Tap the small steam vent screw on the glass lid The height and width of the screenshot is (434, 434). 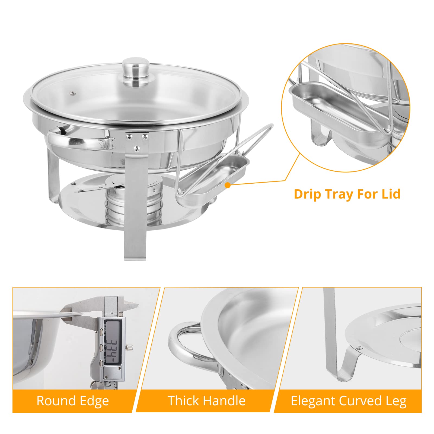72,93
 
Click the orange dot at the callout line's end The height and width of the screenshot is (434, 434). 228,185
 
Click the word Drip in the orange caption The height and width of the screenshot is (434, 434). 308,194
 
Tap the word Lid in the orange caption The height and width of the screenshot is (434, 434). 391,194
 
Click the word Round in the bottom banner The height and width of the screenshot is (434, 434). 56,401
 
